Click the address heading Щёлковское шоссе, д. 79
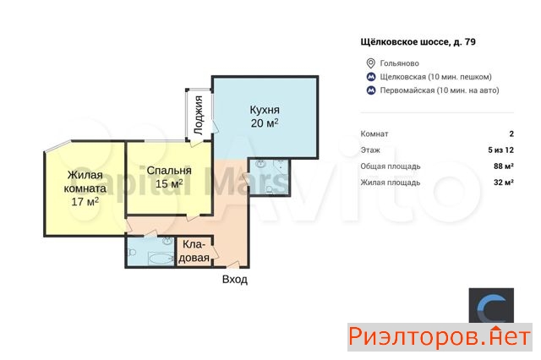[x=418, y=42]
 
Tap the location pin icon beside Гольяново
[x=370, y=63]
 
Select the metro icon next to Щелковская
[x=371, y=77]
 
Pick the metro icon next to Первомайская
[x=371, y=90]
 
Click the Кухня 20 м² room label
[x=265, y=117]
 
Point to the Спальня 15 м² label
[x=169, y=177]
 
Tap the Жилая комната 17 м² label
[x=85, y=188]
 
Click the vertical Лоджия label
[x=199, y=115]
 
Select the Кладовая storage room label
[x=194, y=251]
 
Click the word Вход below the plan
[x=235, y=279]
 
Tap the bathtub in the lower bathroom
[x=161, y=259]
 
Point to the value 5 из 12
[x=501, y=150]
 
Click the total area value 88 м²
[x=504, y=166]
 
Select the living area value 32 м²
[x=504, y=183]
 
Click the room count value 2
[x=511, y=134]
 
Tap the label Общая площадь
[x=391, y=166]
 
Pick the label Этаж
[x=370, y=150]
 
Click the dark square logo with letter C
[x=491, y=306]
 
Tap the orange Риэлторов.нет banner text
[x=440, y=336]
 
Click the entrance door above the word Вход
[x=233, y=265]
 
